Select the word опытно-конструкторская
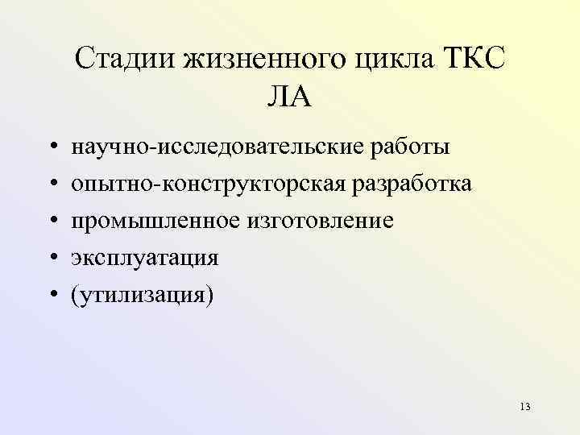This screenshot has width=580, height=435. [x=209, y=184]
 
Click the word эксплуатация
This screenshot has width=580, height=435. [x=144, y=258]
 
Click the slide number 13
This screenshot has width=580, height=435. [x=525, y=405]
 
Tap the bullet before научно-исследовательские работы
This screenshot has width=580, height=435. [x=51, y=148]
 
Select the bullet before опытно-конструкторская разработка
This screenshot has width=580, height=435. [x=51, y=184]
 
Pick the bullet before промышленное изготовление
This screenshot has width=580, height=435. [x=51, y=221]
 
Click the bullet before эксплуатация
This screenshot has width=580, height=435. [x=51, y=258]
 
